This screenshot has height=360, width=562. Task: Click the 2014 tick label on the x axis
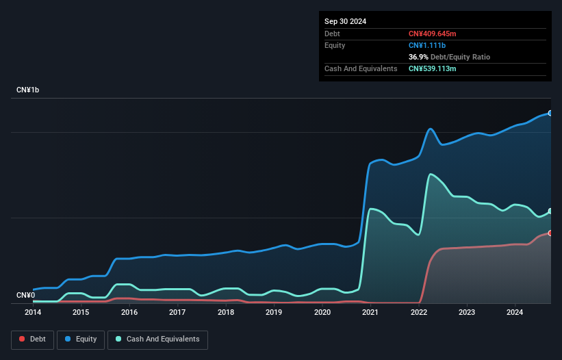tap(33, 313)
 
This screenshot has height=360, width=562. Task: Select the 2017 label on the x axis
tap(177, 313)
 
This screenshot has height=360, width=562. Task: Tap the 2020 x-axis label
tap(322, 313)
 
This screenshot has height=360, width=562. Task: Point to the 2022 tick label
tap(418, 313)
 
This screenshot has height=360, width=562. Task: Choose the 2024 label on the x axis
tap(515, 313)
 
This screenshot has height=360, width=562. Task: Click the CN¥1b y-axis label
tap(28, 90)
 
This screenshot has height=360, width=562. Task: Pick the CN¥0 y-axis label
tap(25, 296)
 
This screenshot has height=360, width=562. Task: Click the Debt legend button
tap(32, 339)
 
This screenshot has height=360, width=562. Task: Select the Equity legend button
tap(81, 339)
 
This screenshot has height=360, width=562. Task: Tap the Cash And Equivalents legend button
tap(157, 339)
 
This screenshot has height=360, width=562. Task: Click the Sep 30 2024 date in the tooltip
tap(345, 21)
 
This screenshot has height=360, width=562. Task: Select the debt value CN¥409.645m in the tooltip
tap(432, 34)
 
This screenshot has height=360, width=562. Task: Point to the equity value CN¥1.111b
tap(426, 45)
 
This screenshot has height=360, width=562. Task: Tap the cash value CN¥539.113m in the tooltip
tap(432, 68)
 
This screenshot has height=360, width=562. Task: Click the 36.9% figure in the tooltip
tap(419, 57)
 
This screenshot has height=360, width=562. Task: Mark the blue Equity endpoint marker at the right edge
tap(550, 113)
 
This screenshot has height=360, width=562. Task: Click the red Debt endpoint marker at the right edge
tap(550, 233)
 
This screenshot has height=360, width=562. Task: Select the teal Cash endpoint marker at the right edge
tap(550, 211)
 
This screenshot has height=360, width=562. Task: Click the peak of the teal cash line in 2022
tap(431, 175)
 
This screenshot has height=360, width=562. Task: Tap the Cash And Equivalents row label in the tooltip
tap(361, 68)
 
